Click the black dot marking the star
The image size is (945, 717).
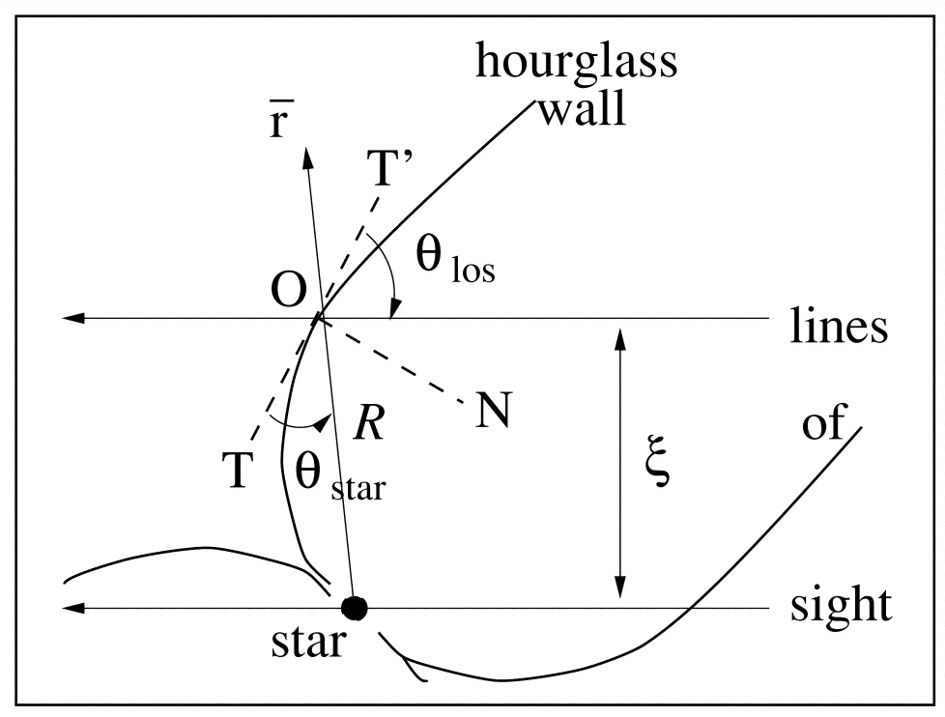[356, 608]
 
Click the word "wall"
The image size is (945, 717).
[581, 109]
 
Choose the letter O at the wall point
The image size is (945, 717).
[289, 289]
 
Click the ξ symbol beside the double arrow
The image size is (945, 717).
[659, 468]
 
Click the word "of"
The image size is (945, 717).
[823, 422]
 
